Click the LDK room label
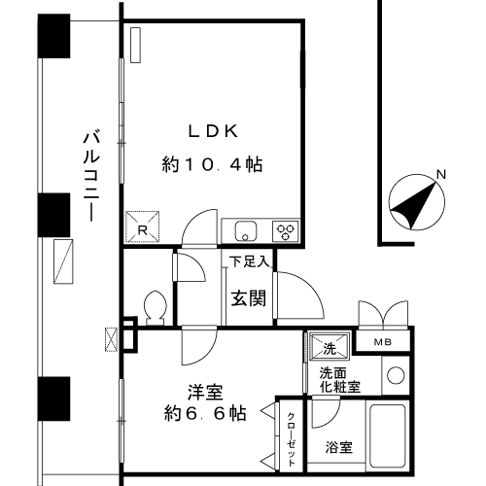coord(213,131)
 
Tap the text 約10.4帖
coord(212,164)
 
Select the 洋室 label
coord(205,392)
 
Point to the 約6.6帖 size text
coord(205,413)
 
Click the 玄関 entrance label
coord(249,298)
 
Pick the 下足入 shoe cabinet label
coord(249,261)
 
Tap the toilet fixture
coord(156,308)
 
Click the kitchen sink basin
coord(246,231)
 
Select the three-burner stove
coord(286,231)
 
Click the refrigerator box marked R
coord(143,226)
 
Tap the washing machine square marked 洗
coord(330,347)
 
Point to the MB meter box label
coord(383,342)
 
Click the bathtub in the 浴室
coord(388,435)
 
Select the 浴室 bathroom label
coord(339,447)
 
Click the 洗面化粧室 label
coord(340,380)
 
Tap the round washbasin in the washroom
coord(396,375)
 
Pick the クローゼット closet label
coord(292,439)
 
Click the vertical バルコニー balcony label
coord(91,175)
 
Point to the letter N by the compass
coord(441,174)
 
